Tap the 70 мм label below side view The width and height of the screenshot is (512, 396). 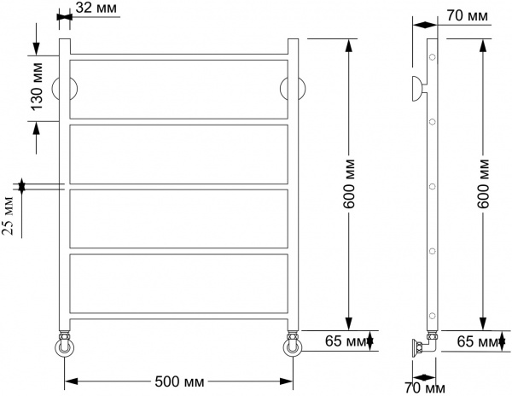pyautogui.click(x=424, y=389)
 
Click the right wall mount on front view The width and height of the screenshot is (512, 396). pyautogui.click(x=292, y=89)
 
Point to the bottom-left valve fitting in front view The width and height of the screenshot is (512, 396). pyautogui.click(x=65, y=346)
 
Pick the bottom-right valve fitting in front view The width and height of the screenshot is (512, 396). pyautogui.click(x=292, y=346)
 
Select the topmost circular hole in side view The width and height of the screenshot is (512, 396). pyautogui.click(x=433, y=58)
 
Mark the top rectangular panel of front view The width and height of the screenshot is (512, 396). pyautogui.click(x=178, y=89)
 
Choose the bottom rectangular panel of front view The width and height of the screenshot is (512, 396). pyautogui.click(x=178, y=283)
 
